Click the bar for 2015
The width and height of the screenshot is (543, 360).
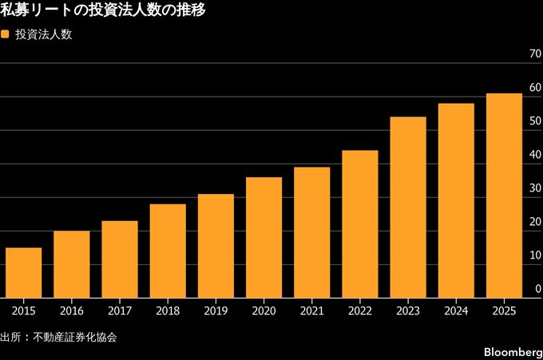click(x=24, y=273)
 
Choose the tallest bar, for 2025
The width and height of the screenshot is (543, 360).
click(x=504, y=196)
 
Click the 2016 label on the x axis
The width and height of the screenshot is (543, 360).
click(x=72, y=311)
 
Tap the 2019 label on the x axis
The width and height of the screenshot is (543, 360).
click(x=216, y=311)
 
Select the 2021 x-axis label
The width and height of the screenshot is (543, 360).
click(x=311, y=311)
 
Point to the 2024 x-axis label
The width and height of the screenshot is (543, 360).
click(x=456, y=311)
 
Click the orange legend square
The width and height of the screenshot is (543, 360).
click(x=6, y=35)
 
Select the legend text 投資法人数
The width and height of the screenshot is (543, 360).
click(x=44, y=35)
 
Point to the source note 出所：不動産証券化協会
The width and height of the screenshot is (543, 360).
click(x=58, y=337)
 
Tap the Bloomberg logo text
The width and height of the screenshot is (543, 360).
click(x=512, y=351)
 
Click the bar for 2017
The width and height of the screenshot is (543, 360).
click(x=120, y=259)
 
